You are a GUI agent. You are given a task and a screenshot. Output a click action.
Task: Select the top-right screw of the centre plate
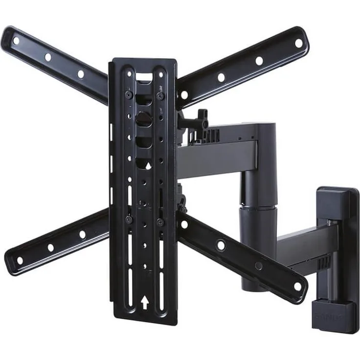click(x=160, y=96)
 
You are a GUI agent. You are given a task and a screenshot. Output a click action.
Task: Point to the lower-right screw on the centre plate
click(x=160, y=221)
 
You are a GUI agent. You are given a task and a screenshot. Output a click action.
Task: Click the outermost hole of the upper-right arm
click(x=298, y=43)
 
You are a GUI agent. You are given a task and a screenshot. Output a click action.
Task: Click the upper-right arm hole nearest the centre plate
click(x=184, y=94)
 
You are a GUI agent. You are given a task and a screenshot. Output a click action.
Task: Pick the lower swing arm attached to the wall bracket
click(x=298, y=245)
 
